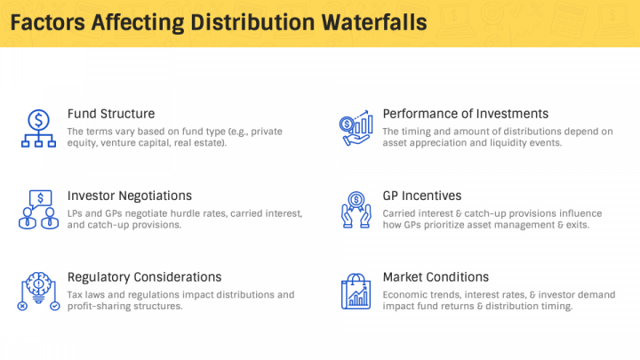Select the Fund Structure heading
(111, 114)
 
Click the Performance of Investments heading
(465, 114)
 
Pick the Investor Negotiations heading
(130, 196)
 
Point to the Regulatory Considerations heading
(144, 277)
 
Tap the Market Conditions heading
(436, 277)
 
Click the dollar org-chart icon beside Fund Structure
(38, 130)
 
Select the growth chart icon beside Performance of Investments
(356, 130)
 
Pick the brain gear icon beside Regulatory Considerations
(38, 292)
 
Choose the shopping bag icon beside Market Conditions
(356, 292)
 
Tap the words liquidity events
(524, 142)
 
